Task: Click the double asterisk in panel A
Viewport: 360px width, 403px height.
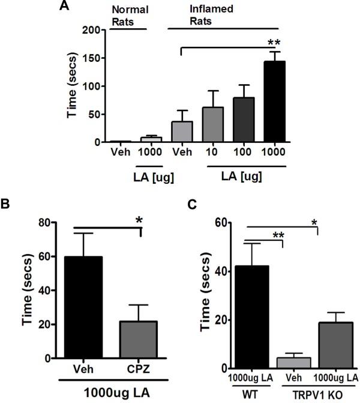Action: pos(275,43)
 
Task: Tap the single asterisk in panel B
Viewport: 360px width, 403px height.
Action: pos(139,221)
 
